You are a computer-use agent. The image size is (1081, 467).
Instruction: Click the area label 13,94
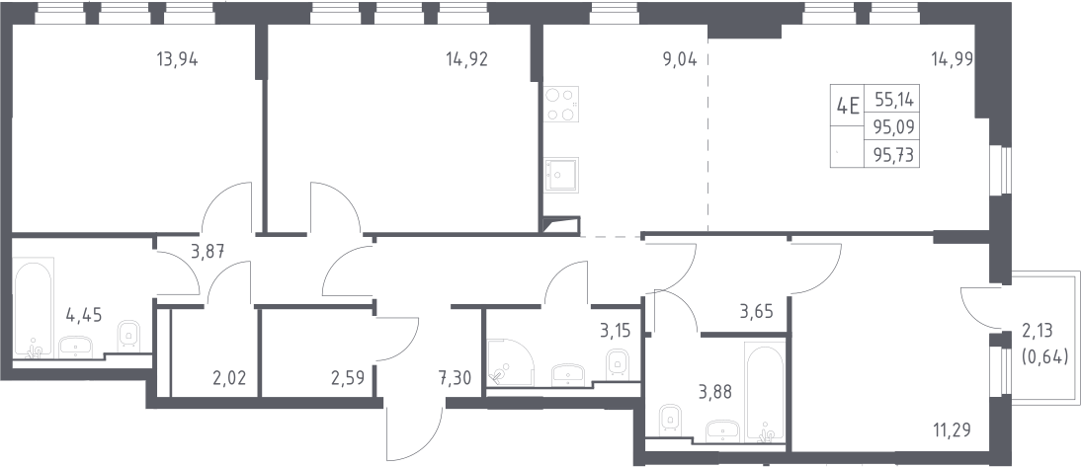click(177, 59)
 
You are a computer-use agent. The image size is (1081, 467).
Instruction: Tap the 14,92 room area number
click(466, 59)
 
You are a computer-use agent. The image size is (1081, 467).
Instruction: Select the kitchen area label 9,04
click(680, 59)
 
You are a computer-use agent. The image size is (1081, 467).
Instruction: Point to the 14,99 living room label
click(953, 59)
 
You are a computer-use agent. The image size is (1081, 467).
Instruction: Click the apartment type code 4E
click(847, 106)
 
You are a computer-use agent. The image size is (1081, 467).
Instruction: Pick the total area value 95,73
click(893, 155)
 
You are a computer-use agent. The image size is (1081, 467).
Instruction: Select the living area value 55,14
click(894, 100)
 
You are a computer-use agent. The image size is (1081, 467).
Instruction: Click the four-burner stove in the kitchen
click(561, 104)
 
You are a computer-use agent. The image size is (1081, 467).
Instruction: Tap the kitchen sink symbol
click(561, 175)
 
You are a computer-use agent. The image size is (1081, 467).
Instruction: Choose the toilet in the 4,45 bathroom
click(128, 336)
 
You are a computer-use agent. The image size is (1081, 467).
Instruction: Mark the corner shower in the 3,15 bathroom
click(511, 361)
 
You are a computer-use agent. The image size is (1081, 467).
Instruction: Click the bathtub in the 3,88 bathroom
click(765, 391)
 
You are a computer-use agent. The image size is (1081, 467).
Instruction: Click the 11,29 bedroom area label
click(952, 431)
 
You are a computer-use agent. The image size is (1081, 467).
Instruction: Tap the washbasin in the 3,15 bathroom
click(568, 375)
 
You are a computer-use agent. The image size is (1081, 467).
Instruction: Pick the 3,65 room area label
click(756, 311)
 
